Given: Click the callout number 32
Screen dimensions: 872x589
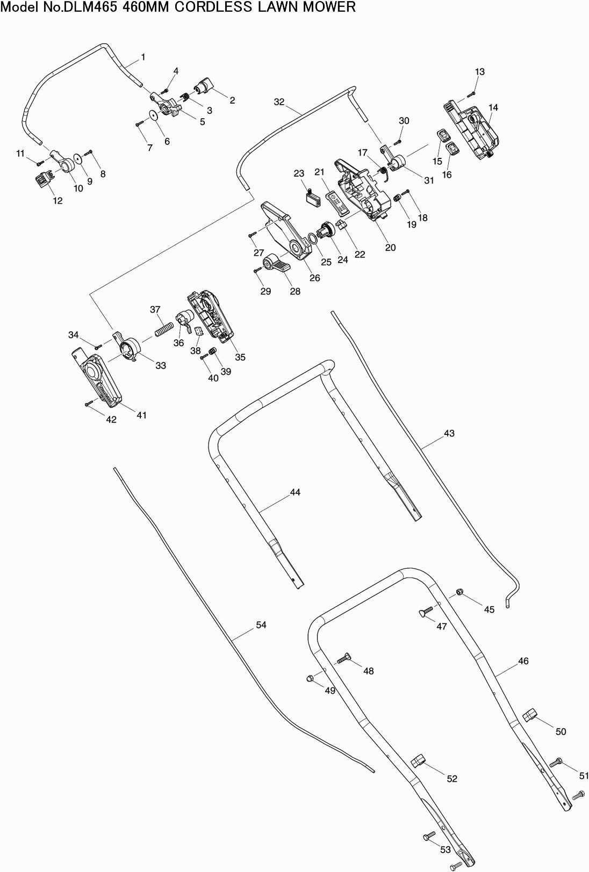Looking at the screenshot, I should pos(279,102).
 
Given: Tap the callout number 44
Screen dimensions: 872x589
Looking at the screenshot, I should pos(295,492).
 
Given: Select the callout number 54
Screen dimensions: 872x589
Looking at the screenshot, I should pos(261,624).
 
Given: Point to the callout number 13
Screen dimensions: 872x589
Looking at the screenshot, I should pos(480,72).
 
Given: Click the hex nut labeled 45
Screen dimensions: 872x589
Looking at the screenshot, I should pos(459,592).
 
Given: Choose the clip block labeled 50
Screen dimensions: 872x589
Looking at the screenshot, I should pos(530,715).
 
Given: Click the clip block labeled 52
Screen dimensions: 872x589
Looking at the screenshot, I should pos(418,761).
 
